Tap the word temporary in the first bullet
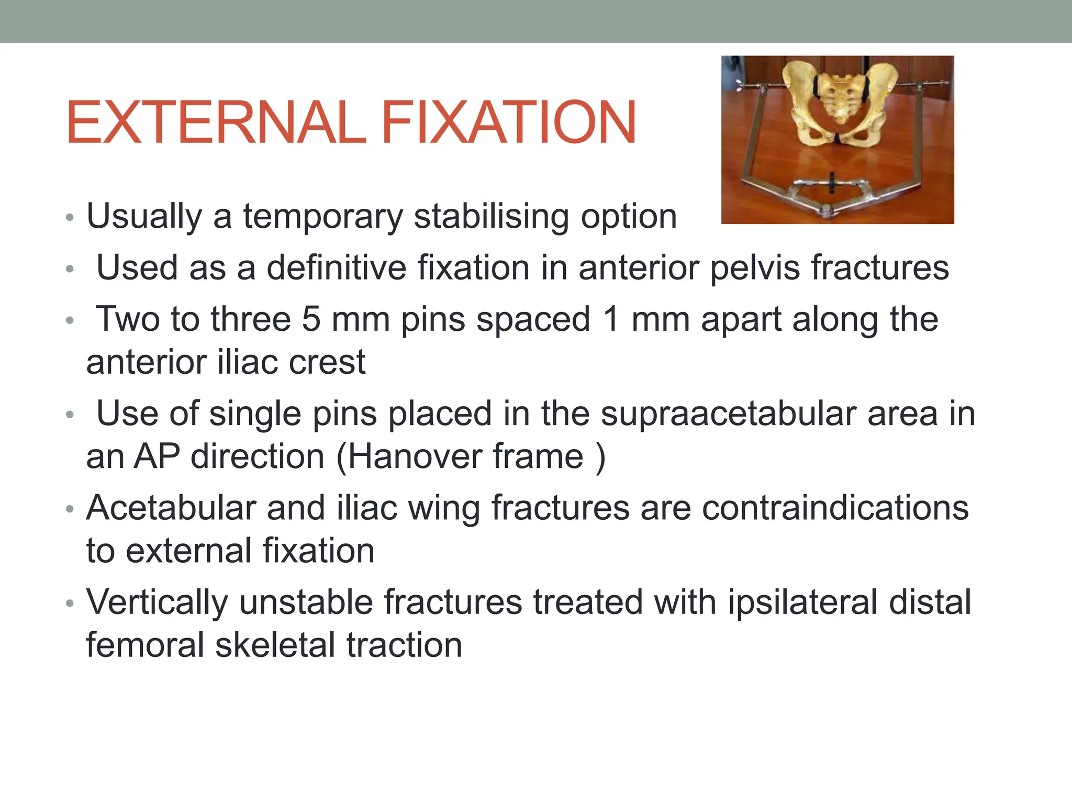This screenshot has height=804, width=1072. (322, 216)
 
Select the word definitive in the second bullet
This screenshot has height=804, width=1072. (336, 267)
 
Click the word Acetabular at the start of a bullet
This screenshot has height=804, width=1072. (171, 508)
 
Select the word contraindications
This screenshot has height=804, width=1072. (835, 508)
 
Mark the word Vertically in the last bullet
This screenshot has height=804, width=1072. (157, 602)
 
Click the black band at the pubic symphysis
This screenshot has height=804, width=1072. (836, 139)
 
